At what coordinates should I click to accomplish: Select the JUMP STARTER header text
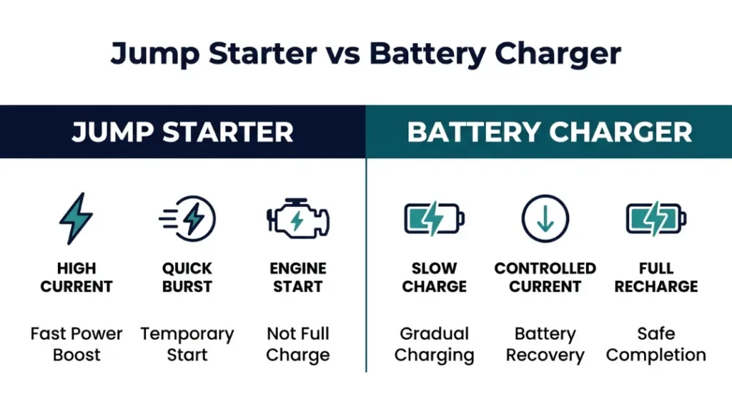click(183, 132)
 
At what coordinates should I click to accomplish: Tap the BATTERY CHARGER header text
click(549, 132)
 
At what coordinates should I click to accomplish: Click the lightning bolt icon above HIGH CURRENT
click(76, 218)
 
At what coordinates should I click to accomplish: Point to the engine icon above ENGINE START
click(297, 218)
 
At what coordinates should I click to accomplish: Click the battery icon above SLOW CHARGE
click(434, 218)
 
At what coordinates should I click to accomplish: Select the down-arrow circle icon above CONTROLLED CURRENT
click(545, 218)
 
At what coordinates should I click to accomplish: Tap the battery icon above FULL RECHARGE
click(656, 218)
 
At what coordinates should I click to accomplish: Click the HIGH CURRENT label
click(76, 278)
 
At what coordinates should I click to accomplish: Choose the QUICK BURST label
click(187, 278)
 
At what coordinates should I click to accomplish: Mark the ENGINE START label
click(297, 278)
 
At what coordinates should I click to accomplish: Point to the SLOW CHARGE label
click(434, 278)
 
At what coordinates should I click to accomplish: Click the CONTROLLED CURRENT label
click(545, 278)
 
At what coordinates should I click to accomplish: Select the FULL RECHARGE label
click(656, 278)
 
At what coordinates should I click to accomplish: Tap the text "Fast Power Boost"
click(76, 344)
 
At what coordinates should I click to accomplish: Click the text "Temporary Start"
click(187, 344)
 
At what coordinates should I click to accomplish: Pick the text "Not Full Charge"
click(297, 344)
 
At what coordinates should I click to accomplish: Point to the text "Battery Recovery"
click(545, 344)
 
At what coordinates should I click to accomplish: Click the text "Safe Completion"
click(656, 344)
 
